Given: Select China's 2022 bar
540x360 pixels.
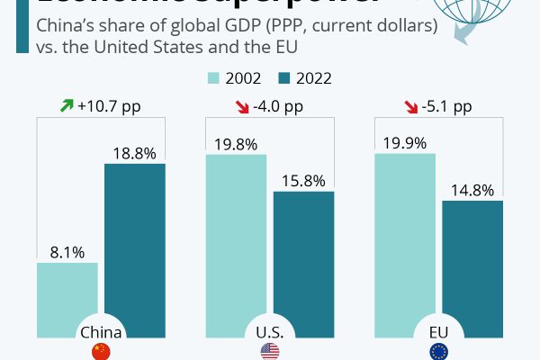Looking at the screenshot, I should [x=135, y=243].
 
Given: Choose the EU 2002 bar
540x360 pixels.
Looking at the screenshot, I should [x=404, y=243].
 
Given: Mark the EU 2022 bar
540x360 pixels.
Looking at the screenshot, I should [x=472, y=270].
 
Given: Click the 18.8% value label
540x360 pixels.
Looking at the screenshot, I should [x=134, y=153].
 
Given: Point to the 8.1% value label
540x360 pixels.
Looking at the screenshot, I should [x=67, y=252].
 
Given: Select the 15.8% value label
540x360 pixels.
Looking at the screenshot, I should [x=303, y=180].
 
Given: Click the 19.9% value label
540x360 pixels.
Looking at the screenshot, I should [x=404, y=142].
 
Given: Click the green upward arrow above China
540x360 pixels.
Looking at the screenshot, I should [x=67, y=106].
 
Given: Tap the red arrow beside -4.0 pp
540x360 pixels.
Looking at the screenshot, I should [x=240, y=107].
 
